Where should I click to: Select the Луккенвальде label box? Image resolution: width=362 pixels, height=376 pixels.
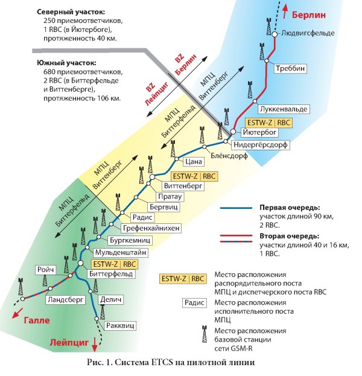282,109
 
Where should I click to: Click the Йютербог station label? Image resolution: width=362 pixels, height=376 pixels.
259,131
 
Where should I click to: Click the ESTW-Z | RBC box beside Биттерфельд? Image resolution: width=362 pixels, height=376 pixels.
115,264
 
